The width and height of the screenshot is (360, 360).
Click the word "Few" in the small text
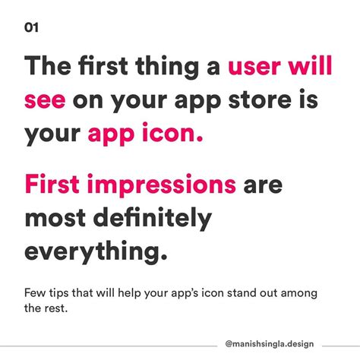tap(35, 292)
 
